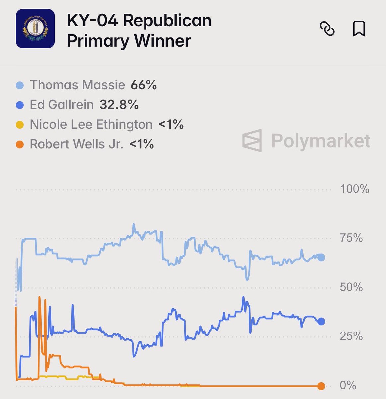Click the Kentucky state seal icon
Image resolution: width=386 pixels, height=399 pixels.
tap(35, 29)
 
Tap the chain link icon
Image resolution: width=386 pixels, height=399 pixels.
tap(327, 29)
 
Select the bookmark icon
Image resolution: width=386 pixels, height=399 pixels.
tap(359, 29)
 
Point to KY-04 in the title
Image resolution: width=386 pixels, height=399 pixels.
tap(92, 21)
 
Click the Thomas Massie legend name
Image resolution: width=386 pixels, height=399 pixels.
tap(77, 85)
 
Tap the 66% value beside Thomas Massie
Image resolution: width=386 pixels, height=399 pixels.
tap(144, 85)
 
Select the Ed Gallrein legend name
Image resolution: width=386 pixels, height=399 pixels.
tap(61, 105)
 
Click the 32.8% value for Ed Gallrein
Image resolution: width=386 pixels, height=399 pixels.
tap(119, 105)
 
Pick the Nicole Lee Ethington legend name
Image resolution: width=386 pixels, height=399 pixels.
tap(91, 124)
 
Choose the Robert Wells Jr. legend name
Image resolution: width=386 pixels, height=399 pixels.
tap(76, 144)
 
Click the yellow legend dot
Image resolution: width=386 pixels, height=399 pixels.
tap(20, 125)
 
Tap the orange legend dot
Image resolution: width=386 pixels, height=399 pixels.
tap(20, 145)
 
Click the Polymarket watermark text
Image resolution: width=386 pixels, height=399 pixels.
tap(321, 140)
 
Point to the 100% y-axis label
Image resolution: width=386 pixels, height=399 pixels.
tap(354, 189)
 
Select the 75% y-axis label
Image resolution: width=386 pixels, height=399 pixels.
tap(351, 238)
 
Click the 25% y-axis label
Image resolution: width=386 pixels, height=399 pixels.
tap(351, 336)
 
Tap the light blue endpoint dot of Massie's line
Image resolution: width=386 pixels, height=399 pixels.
tap(321, 257)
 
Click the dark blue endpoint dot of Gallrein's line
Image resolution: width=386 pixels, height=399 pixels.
tap(321, 321)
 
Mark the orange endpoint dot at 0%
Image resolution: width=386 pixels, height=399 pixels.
tap(321, 386)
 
